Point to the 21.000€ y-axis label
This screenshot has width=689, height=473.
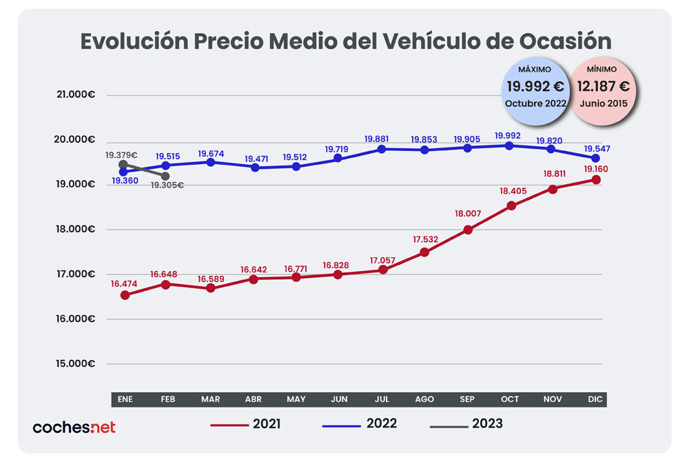point(76,95)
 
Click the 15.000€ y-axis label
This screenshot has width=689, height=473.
point(76,364)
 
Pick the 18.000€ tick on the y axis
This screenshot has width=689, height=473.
point(76,230)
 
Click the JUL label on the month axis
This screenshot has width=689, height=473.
point(382,400)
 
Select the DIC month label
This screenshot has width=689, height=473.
point(597,400)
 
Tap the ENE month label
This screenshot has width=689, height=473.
point(125,400)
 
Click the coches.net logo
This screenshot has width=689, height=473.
point(74,427)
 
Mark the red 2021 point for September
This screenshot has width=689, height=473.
point(468,230)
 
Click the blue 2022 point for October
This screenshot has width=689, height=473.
point(510,145)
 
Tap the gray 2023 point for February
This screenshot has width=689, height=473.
point(165,177)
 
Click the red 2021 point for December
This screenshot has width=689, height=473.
point(596,179)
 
